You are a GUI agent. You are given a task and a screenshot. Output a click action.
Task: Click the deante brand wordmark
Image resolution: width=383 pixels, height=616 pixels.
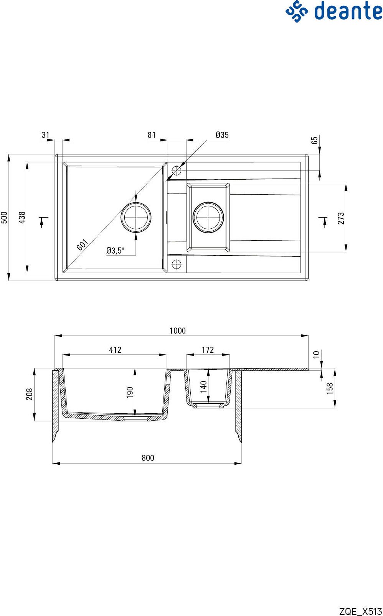coord(348,11)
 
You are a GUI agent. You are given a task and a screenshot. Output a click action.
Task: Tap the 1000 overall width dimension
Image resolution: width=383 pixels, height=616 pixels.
coord(178,331)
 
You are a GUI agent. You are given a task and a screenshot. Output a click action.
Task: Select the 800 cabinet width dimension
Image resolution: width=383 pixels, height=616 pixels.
coord(148,458)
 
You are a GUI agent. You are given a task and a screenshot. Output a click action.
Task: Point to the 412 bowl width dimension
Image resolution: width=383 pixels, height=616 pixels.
coord(115,350)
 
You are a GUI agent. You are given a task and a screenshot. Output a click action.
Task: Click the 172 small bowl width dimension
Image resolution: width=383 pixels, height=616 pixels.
coord(208,350)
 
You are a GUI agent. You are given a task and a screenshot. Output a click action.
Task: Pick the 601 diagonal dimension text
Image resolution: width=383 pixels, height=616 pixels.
coord(82,245)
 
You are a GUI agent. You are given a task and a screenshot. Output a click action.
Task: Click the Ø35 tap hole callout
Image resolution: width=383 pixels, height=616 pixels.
coord(222,135)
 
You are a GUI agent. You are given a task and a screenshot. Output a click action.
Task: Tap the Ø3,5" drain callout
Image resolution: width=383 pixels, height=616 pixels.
coord(116,251)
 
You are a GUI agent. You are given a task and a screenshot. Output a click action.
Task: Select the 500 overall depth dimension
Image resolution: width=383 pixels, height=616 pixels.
coord(4,218)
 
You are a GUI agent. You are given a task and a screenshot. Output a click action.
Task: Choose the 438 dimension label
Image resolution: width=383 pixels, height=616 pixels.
coord(22,218)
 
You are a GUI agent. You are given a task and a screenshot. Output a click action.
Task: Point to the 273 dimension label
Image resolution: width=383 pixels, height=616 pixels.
coord(341,218)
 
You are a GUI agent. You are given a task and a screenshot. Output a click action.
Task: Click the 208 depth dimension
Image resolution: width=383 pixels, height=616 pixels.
coord(29,394)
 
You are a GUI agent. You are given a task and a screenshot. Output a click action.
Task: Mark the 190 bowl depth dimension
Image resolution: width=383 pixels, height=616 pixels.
coord(130,392)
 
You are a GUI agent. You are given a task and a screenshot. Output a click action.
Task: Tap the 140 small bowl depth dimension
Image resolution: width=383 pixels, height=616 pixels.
coord(203,387)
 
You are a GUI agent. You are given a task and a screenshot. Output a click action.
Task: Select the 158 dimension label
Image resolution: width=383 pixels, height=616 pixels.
coord(330,388)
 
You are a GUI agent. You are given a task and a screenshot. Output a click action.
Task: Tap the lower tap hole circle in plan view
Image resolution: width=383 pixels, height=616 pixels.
coord(177,264)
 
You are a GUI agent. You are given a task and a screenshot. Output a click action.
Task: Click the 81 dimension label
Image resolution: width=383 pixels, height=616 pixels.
coord(152,135)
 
